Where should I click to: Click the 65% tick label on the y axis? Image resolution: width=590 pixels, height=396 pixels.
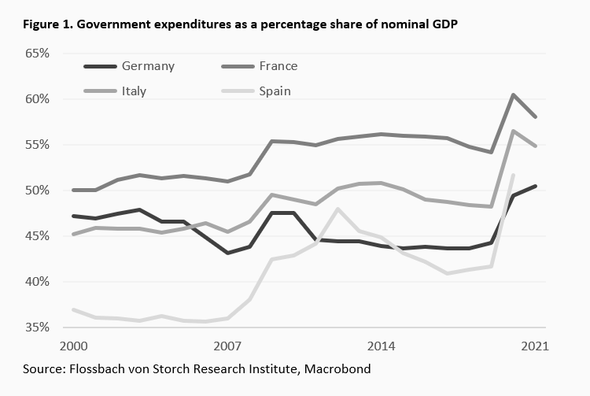pos(37,54)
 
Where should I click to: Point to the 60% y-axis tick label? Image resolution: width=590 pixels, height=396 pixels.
pos(37,99)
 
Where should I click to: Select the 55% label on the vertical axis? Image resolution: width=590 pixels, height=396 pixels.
pos(37,145)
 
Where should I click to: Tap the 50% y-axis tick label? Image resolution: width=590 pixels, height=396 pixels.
pos(37,191)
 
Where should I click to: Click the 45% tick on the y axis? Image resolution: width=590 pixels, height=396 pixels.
pos(37,236)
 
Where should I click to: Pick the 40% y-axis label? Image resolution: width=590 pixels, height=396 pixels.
pos(37,282)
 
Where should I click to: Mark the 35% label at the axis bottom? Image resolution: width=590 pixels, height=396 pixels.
pos(37,328)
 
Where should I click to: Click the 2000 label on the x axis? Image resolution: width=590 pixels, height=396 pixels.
pos(73,346)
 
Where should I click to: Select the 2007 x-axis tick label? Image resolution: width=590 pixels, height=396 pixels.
pos(227,346)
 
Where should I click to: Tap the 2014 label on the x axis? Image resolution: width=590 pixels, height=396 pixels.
pos(382,346)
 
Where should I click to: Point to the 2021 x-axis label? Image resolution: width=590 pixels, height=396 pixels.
pos(535,346)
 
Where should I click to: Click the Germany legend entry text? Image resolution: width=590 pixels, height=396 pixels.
pos(149,66)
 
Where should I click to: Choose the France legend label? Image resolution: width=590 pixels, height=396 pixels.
pos(278,66)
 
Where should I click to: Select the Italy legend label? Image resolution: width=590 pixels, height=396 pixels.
pos(134,91)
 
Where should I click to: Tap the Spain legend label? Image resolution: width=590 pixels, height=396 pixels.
pos(275,91)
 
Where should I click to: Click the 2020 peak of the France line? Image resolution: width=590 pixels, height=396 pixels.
pos(514,95)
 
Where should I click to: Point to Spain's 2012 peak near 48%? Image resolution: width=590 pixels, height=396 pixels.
pos(337,209)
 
